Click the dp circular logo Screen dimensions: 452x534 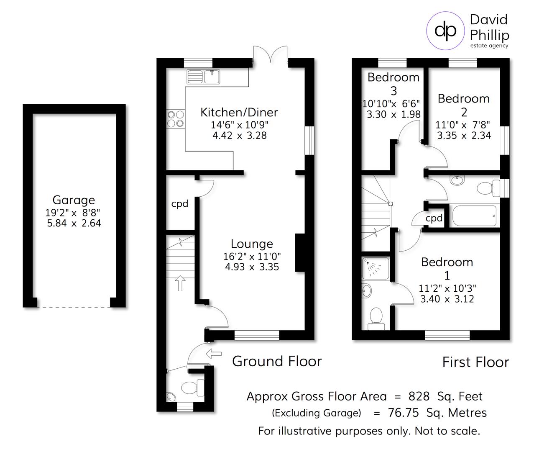(x=445, y=31)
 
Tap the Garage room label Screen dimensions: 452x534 (x=74, y=200)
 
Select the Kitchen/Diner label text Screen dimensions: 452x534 (x=239, y=112)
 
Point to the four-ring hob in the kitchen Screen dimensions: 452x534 (x=176, y=118)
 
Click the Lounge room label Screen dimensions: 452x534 (x=252, y=244)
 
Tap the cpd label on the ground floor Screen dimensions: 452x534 (x=180, y=204)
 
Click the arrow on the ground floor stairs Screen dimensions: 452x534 (x=180, y=283)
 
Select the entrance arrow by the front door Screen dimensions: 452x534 (x=214, y=354)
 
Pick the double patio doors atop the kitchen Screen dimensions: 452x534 (x=271, y=56)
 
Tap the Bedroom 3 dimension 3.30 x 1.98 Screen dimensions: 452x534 (x=393, y=114)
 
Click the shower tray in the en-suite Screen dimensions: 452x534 (x=376, y=268)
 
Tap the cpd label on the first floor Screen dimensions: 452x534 (x=434, y=218)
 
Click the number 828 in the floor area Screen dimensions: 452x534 (x=419, y=396)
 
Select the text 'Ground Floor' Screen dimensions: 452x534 (x=277, y=361)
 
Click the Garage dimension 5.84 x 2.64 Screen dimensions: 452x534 (x=74, y=223)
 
